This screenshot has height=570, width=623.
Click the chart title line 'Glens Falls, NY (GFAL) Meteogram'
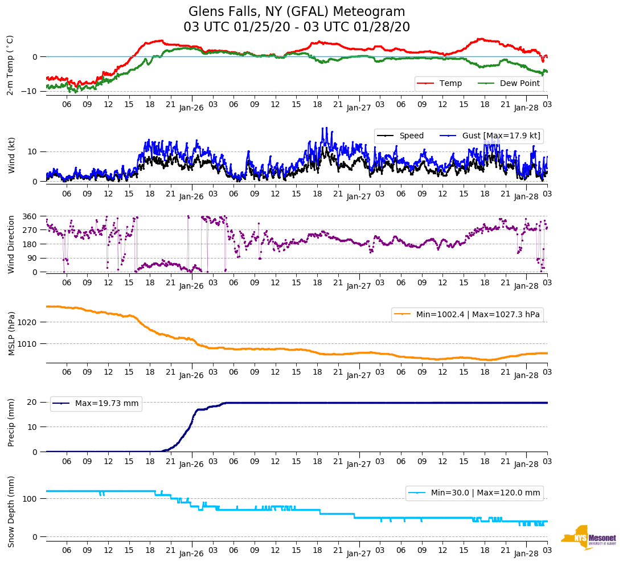[297, 12]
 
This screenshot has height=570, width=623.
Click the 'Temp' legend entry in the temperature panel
[450, 84]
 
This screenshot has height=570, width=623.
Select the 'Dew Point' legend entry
[519, 84]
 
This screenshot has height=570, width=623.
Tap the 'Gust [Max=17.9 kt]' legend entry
[502, 136]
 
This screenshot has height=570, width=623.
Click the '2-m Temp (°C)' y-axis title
[10, 65]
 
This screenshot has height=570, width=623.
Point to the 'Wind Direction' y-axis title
[11, 244]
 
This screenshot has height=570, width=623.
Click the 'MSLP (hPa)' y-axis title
[11, 334]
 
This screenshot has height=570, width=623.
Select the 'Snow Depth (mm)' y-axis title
[11, 511]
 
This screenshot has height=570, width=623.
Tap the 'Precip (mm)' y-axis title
[11, 423]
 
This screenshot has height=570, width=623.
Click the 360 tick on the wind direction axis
[30, 216]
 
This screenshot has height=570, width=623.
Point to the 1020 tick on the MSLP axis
[28, 322]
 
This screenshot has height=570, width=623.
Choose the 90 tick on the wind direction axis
[32, 258]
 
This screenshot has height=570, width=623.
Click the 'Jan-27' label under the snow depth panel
[359, 553]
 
